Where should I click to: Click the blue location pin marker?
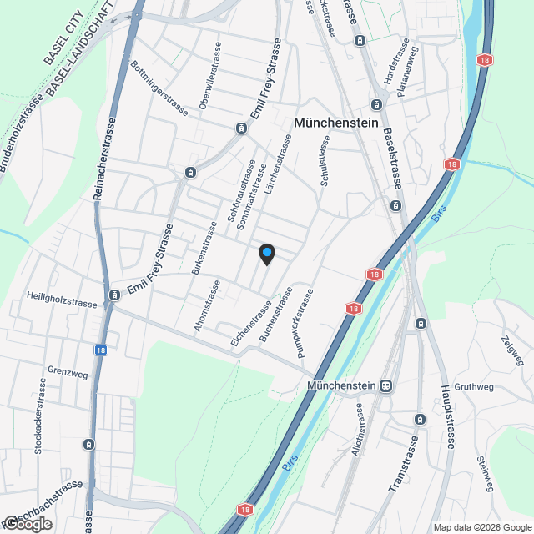pos(266,254)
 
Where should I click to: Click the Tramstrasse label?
pos(402,463)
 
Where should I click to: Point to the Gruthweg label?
pos(475,387)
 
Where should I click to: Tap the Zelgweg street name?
pos(512,350)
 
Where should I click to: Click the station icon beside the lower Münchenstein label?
pos(385,385)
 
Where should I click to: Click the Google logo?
pos(27,524)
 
